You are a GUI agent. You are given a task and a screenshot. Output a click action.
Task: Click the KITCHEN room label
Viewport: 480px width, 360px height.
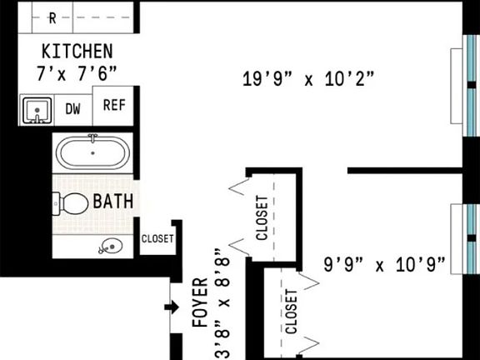coord(77,50)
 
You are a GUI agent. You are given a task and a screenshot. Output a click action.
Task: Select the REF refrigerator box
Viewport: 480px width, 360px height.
coord(113,105)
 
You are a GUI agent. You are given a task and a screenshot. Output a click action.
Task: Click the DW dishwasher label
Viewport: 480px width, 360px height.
coord(73,109)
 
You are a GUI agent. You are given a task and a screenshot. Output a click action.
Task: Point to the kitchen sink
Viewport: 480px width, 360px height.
coord(37,110)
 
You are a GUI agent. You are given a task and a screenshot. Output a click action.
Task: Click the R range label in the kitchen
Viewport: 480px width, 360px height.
coord(52,17)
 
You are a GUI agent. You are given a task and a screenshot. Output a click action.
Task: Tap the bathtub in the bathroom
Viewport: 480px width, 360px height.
coord(92,153)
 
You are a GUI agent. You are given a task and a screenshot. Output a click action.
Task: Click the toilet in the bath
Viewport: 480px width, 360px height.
coord(72,202)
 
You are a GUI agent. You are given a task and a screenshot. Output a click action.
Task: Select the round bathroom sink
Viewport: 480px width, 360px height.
coord(108,246)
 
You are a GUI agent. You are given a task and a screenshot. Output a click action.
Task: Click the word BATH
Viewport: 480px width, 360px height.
coord(112,201)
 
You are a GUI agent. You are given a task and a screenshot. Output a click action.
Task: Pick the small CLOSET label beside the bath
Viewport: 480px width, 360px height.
coord(157,238)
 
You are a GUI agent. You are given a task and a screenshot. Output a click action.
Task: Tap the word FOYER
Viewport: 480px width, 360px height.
coord(199,306)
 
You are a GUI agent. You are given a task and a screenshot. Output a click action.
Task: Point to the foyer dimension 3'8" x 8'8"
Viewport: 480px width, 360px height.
coord(221,304)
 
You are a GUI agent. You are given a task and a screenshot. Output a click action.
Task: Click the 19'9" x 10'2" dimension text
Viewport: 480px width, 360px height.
coord(307,80)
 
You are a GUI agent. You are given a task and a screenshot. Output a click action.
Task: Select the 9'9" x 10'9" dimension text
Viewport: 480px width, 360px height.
coord(384,265)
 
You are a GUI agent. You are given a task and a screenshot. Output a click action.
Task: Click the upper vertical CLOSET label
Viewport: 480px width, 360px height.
coord(262,218)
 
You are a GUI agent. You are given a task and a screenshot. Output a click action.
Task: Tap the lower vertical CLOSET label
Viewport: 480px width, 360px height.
coord(291,312)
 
